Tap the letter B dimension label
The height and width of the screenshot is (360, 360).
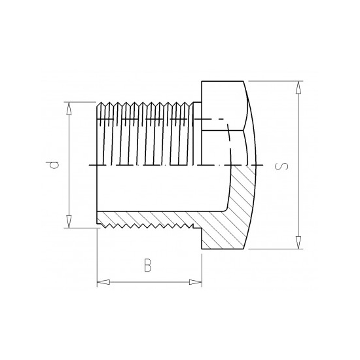[x=148, y=265]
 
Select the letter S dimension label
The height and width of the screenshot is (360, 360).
[x=281, y=165]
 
